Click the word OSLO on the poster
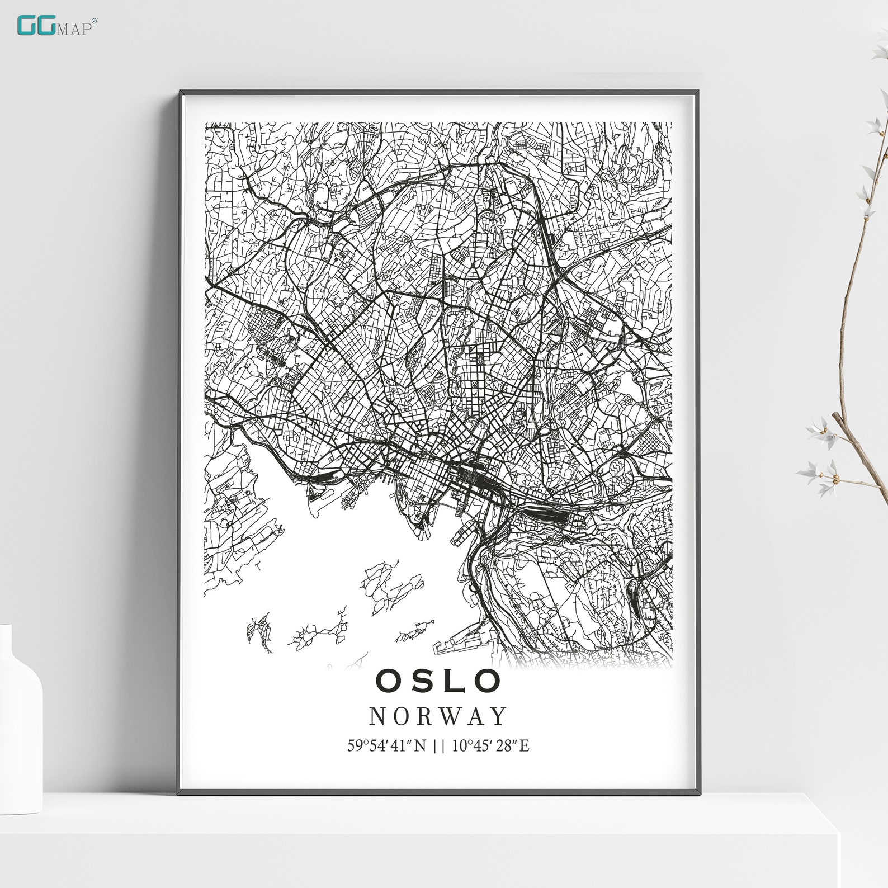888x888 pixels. tap(438, 681)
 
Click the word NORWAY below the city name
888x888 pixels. tap(438, 716)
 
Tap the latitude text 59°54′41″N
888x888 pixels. tap(386, 745)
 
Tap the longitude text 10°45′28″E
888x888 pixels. tap(490, 745)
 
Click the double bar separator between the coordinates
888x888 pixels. tap(439, 745)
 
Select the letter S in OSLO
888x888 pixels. tap(420, 681)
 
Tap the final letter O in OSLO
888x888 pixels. tap(488, 681)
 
